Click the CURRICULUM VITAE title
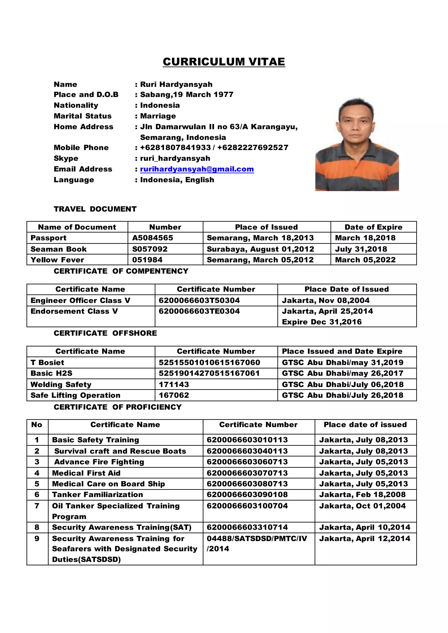click(x=224, y=62)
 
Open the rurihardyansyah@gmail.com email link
click(x=197, y=169)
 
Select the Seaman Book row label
click(x=58, y=249)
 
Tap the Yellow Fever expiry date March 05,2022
click(x=365, y=260)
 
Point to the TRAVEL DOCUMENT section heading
click(x=95, y=209)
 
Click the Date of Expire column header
click(x=373, y=227)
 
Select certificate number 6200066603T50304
click(x=199, y=300)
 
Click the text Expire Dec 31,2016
click(x=322, y=322)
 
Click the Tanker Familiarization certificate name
click(x=97, y=494)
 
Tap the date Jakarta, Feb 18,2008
click(x=362, y=494)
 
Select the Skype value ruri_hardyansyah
click(x=175, y=158)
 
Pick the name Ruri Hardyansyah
click(x=176, y=84)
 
